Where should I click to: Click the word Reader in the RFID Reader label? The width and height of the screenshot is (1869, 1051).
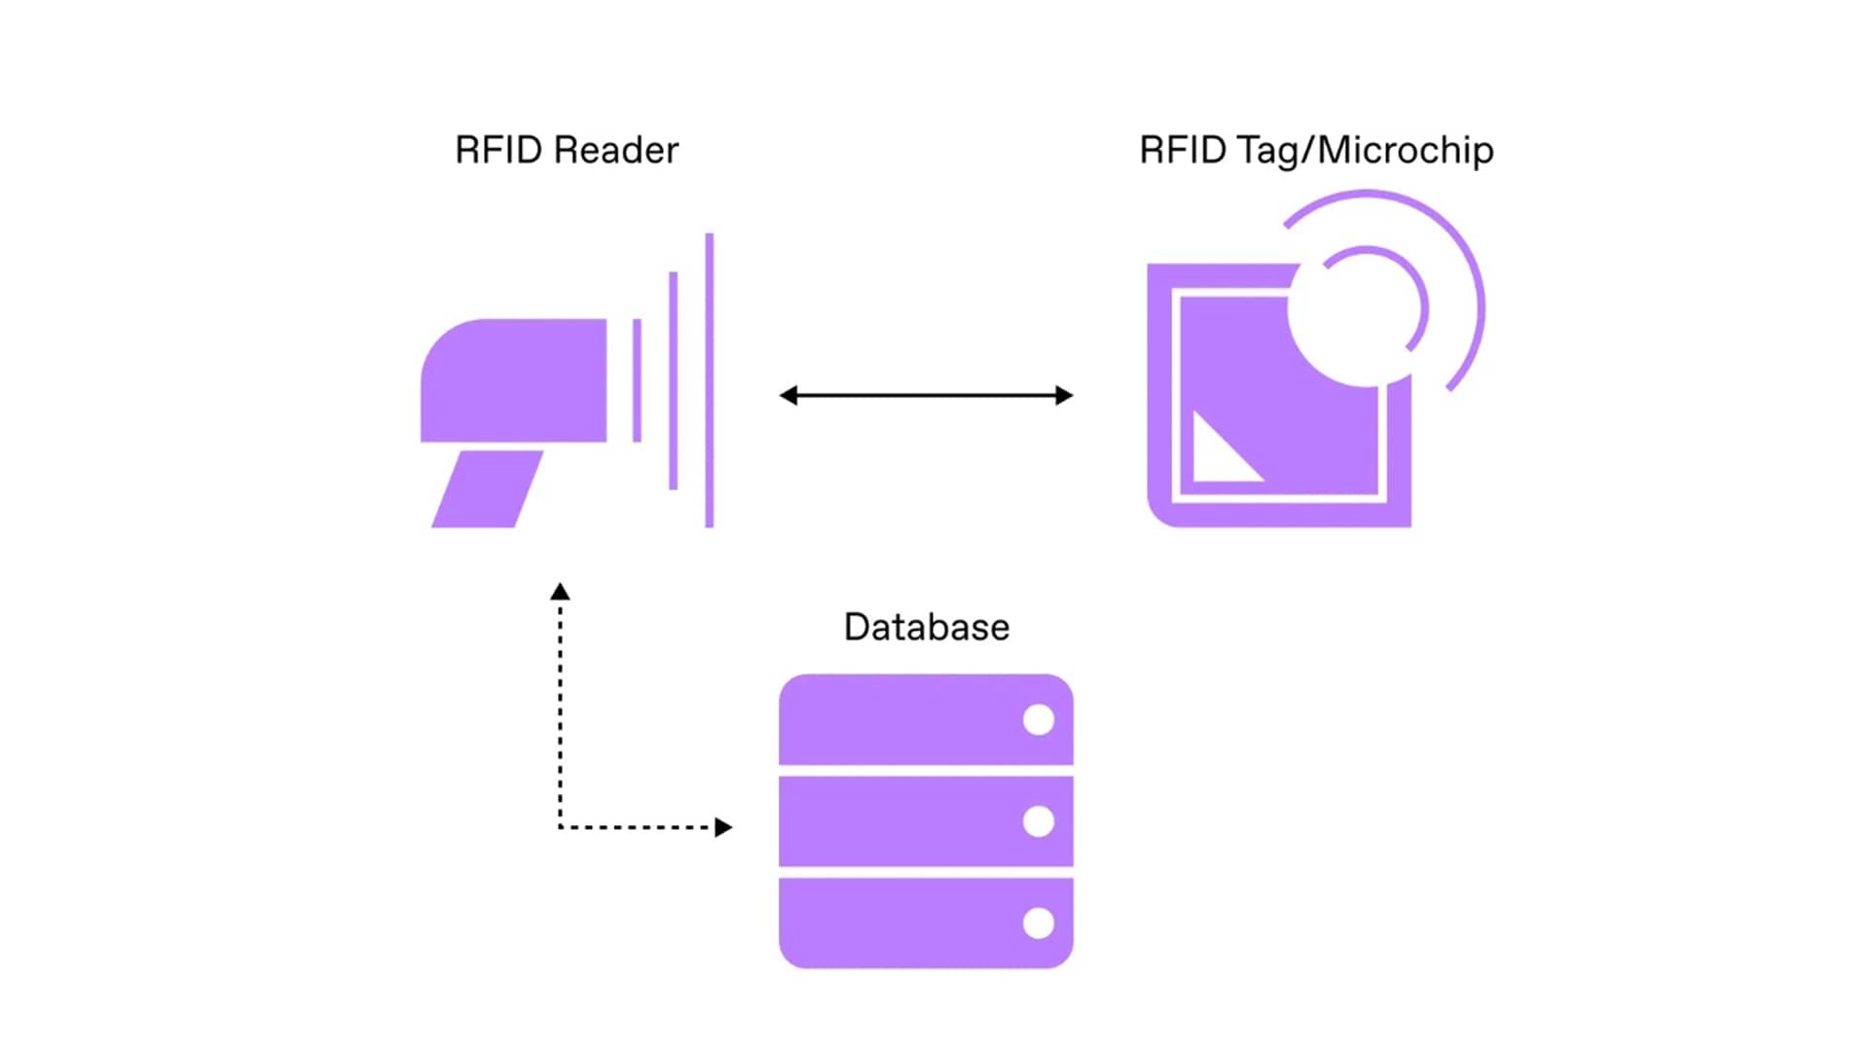(x=615, y=151)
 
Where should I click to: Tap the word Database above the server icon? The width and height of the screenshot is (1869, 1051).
(x=926, y=628)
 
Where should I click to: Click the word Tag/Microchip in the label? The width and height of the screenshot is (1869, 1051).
(x=1365, y=151)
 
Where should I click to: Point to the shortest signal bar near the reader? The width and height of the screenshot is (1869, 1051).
(x=637, y=381)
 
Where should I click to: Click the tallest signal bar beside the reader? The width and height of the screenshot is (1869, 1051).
(x=710, y=381)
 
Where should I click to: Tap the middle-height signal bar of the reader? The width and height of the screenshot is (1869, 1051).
(x=673, y=381)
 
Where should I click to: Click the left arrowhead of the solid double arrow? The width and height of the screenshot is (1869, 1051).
(x=788, y=395)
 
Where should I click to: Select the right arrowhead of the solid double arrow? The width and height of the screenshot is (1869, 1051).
(x=1064, y=395)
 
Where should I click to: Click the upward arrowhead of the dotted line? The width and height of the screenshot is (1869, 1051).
(x=560, y=592)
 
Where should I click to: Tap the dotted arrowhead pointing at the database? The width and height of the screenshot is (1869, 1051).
(x=722, y=827)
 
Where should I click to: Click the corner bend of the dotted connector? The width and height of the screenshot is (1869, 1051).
(x=561, y=827)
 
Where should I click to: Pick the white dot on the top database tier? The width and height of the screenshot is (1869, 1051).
(x=1039, y=720)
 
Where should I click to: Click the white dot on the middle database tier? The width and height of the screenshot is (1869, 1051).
(x=1039, y=821)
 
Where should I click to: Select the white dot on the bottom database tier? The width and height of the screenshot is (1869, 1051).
(x=1039, y=923)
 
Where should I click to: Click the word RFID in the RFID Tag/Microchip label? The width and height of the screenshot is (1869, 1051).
(x=1182, y=151)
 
